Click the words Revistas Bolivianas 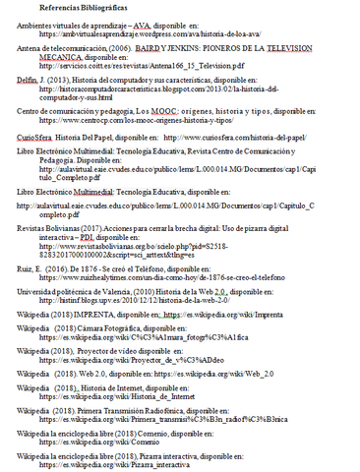click(x=53, y=227)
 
